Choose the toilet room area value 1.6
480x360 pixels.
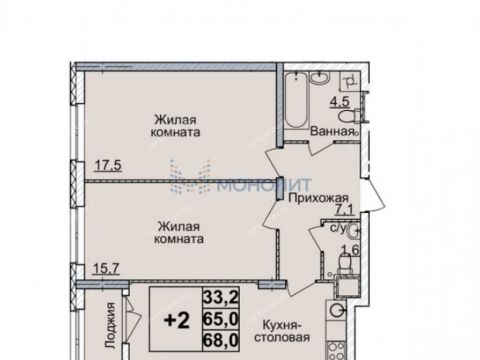coord(350,252)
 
